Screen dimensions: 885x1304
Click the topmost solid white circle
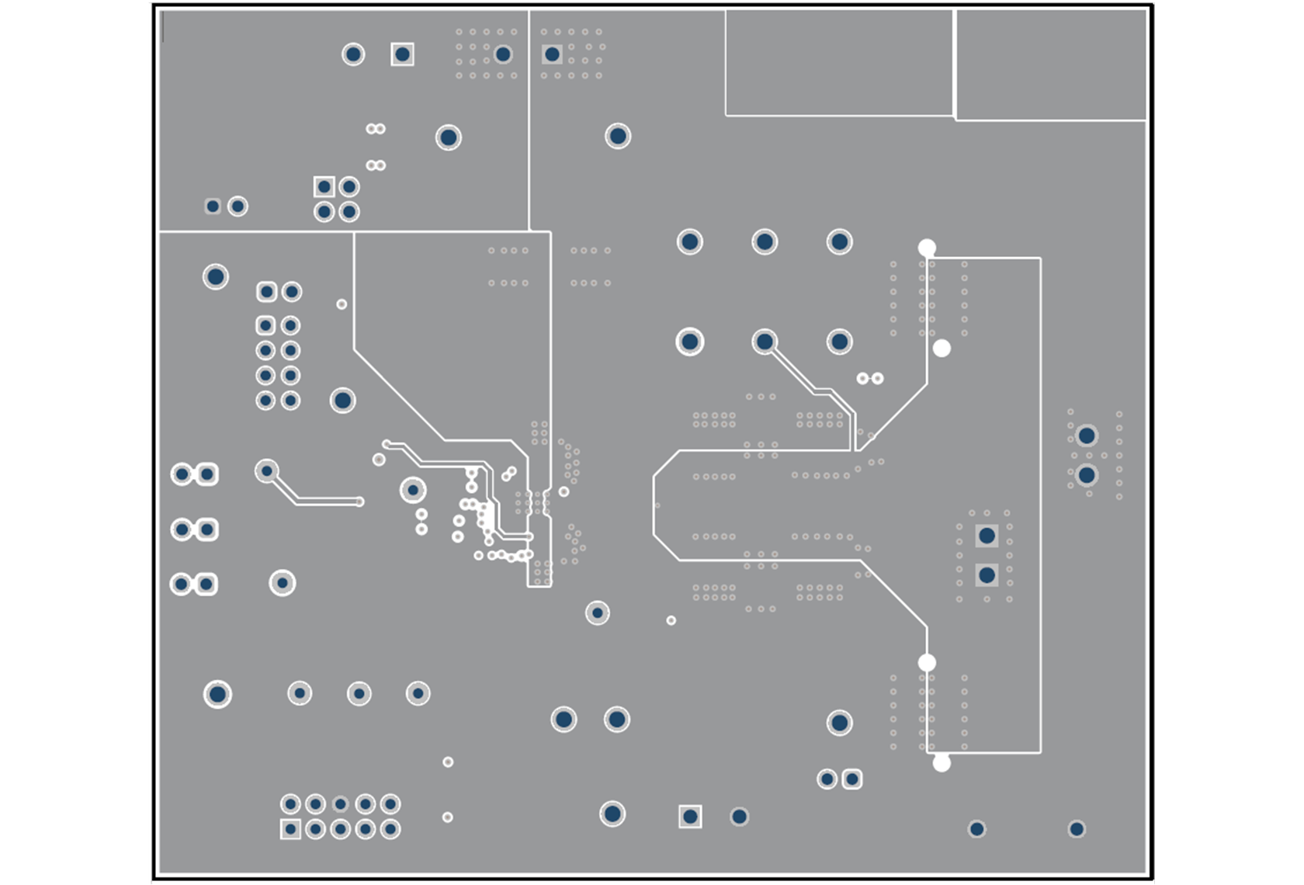927,248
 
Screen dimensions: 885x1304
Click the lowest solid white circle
942,763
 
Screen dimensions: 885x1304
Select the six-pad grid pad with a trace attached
765,342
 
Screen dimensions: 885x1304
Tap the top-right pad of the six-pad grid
839,242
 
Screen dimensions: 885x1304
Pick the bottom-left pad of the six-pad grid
689,342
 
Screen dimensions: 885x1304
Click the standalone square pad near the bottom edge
690,817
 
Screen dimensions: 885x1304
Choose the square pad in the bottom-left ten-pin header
290,829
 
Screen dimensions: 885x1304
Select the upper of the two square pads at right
987,536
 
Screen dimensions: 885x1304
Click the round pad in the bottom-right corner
1076,829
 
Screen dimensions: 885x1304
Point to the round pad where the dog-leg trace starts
267,471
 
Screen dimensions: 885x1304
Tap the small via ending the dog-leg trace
359,502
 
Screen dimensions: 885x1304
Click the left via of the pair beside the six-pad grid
862,378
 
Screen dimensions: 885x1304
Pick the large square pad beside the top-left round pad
402,54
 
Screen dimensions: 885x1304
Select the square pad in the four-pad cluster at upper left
324,187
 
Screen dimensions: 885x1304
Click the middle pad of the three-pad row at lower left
359,693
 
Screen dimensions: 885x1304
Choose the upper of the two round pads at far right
1087,436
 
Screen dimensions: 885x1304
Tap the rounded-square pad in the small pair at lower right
851,779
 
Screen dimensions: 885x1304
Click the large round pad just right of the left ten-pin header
342,401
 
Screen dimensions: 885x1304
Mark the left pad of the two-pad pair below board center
564,720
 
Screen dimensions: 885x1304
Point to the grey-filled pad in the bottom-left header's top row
340,804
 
